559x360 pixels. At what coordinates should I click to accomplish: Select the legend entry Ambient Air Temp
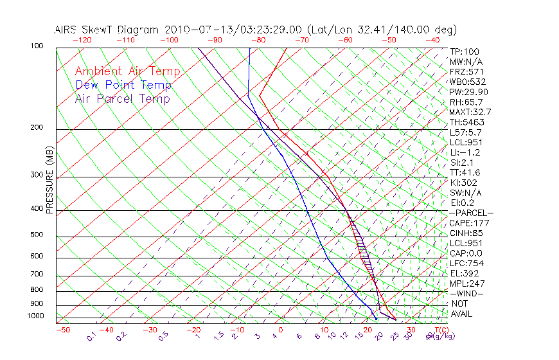tap(127, 71)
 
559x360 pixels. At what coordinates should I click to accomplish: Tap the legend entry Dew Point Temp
tap(123, 85)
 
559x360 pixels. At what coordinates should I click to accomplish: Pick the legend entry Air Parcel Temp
tap(122, 98)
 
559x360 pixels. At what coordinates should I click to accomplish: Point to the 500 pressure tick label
tap(38, 235)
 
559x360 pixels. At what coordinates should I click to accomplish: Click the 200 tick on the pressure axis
tap(38, 128)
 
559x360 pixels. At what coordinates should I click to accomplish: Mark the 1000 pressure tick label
tap(36, 316)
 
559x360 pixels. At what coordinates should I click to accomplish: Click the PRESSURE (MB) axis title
tap(49, 181)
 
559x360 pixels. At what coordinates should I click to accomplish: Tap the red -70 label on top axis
tap(301, 40)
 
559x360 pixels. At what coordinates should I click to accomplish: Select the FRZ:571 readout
tap(465, 71)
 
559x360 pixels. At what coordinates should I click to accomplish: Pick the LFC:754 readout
tap(465, 264)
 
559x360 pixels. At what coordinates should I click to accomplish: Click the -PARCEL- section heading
tap(471, 213)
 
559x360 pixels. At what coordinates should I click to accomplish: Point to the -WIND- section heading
tap(467, 294)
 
